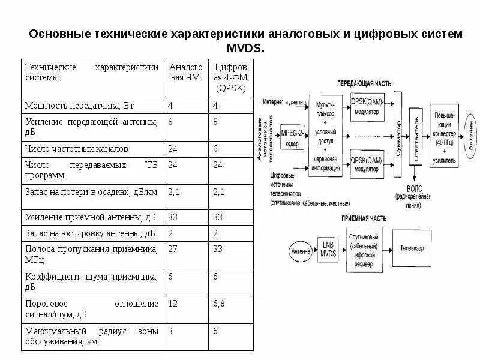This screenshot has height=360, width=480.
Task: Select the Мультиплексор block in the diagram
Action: click(326, 135)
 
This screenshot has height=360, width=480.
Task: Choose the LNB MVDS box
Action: click(328, 249)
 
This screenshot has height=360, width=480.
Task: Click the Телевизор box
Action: click(412, 247)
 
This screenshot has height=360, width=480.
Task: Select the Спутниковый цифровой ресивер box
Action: click(364, 251)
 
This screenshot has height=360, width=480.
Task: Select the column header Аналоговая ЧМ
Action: click(186, 72)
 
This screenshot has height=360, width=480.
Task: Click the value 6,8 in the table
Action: click(219, 304)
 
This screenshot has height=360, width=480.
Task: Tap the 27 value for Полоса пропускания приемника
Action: click(173, 248)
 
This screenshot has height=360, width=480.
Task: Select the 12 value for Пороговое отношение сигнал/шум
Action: click(173, 304)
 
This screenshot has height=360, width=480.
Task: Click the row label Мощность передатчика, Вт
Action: click(79, 106)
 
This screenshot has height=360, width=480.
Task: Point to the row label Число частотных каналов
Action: click(76, 148)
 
